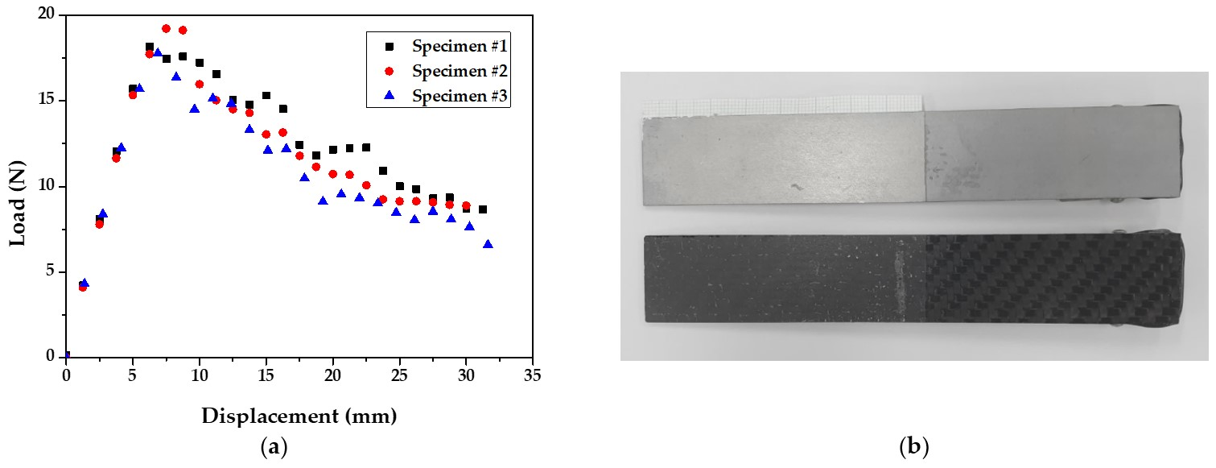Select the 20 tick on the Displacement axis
tap(332, 375)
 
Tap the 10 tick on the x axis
tap(199, 375)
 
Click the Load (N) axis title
tap(18, 186)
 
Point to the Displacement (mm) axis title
tap(299, 416)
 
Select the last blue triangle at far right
tap(488, 244)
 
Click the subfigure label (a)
tap(274, 447)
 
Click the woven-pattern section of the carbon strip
tap(1046, 278)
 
